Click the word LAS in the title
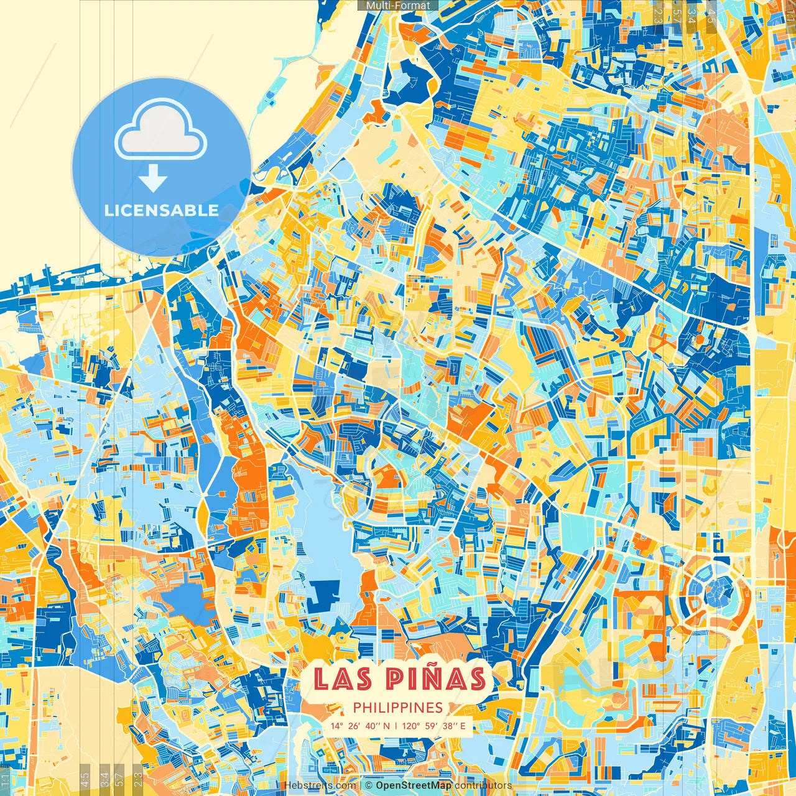pos(343,678)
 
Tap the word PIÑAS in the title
pos(435,678)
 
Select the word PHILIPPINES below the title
pos(397,708)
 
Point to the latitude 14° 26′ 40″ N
pos(360,726)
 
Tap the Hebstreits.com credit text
pos(319,786)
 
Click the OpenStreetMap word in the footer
pos(413,786)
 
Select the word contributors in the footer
pos(483,786)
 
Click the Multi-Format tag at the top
pos(398,6)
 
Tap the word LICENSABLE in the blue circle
pos(162,210)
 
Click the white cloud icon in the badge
pos(161,132)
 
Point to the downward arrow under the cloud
pos(153,180)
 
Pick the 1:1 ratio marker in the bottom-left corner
pos(6,779)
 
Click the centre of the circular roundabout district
pos(719,588)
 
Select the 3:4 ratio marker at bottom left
pos(104,779)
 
